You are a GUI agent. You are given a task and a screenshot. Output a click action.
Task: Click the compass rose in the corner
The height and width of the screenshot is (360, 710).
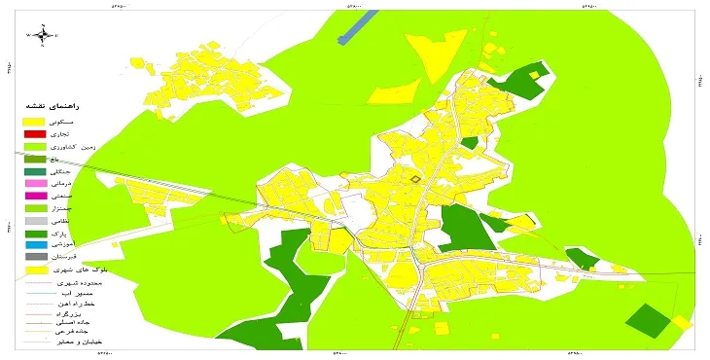(x=44, y=35)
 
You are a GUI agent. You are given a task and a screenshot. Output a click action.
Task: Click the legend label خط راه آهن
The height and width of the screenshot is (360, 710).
(x=92, y=304)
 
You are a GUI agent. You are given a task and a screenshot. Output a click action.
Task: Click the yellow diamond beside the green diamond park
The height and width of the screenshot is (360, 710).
(x=683, y=322)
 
